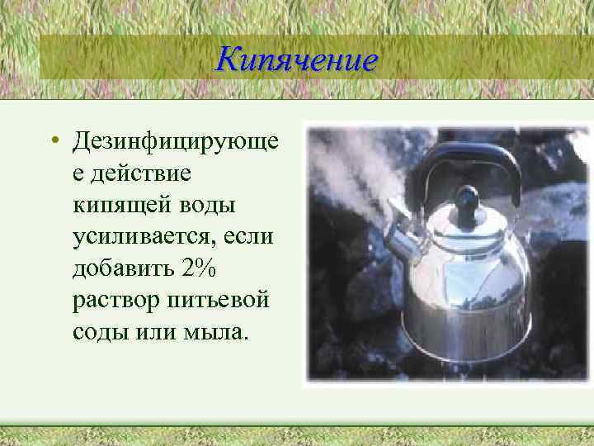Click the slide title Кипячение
click(x=296, y=59)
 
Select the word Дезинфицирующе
click(x=174, y=142)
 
